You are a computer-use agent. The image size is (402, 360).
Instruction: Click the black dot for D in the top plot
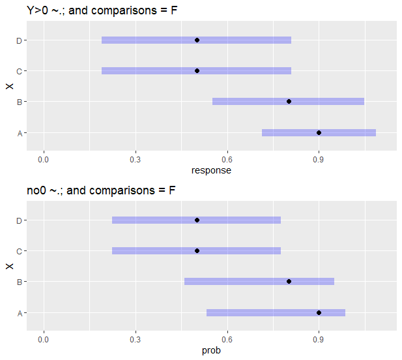click(197, 40)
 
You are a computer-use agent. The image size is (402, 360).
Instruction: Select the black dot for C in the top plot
click(197, 70)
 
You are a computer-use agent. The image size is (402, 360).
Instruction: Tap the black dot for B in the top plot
click(289, 101)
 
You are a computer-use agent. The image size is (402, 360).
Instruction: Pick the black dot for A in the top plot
click(319, 132)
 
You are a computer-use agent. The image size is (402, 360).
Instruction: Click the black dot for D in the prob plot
click(197, 220)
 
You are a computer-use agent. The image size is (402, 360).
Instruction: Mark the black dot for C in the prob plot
click(197, 250)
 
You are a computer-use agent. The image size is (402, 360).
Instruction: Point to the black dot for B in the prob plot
click(289, 281)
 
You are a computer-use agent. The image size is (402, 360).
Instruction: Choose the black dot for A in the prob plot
click(319, 312)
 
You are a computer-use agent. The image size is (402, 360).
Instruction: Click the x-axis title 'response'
click(211, 171)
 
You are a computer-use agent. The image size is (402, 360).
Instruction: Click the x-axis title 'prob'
click(211, 351)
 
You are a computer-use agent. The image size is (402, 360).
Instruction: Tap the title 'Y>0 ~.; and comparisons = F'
click(102, 10)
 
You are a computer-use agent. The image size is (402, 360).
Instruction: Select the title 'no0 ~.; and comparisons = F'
click(101, 190)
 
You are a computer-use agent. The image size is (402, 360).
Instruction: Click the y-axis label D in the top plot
click(20, 40)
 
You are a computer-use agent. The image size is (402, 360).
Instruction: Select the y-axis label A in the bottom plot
click(20, 313)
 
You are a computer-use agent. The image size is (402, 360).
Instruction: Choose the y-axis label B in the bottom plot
click(20, 282)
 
